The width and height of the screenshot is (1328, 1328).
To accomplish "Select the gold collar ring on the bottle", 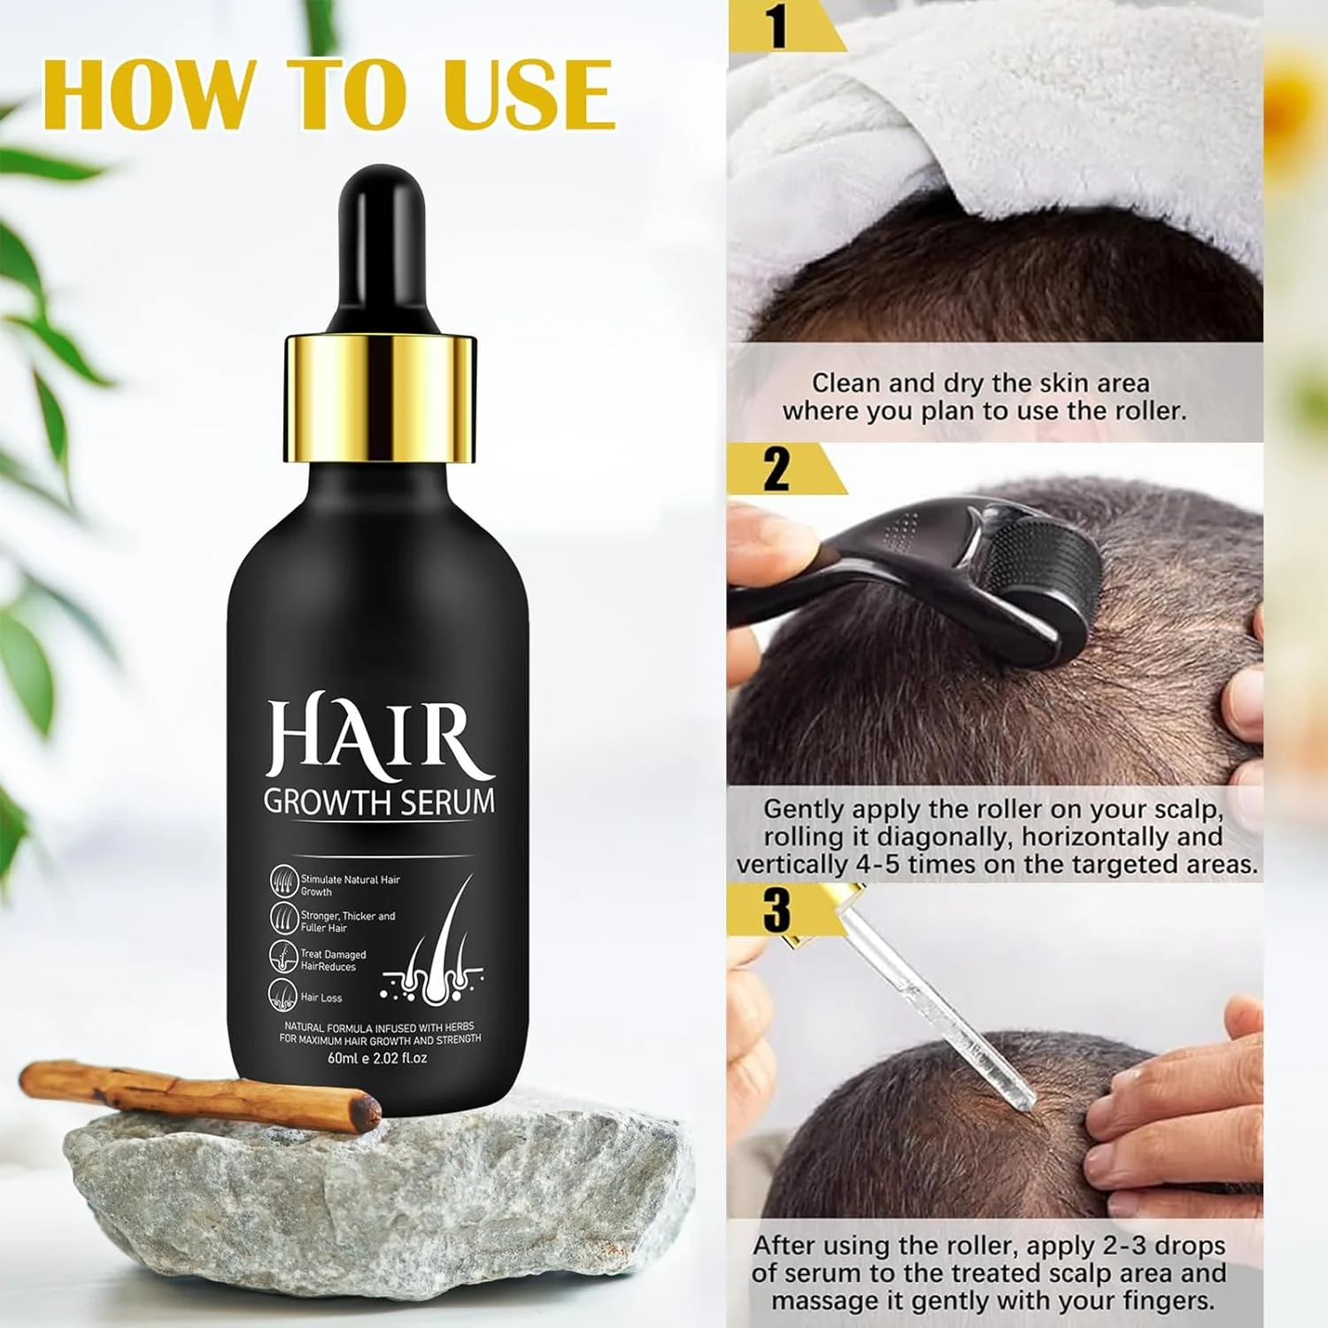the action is click(380, 399).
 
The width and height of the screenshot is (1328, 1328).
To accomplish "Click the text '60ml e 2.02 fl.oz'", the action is click(378, 1058).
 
